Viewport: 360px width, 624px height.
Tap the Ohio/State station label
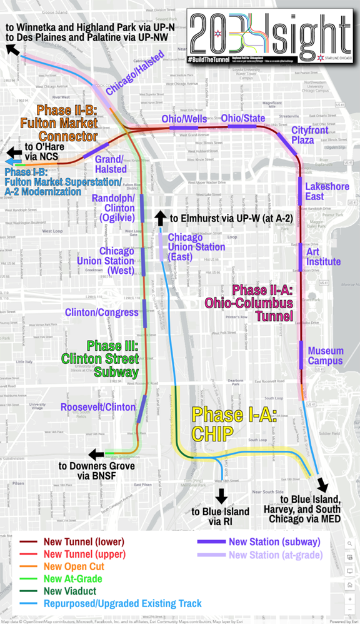pos(242,118)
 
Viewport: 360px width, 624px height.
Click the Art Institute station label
pos(323,256)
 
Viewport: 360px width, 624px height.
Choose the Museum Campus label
pos(326,356)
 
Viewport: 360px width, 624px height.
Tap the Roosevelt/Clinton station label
pos(98,407)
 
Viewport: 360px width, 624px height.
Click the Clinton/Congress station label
pos(101,312)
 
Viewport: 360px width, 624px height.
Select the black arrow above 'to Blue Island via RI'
pos(221,496)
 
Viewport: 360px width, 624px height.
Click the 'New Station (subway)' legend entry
pos(274,541)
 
